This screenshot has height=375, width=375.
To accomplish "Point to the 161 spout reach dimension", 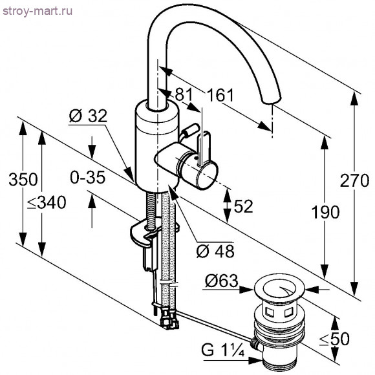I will point(220,96).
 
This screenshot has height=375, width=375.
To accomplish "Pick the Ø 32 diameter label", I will point(86,116).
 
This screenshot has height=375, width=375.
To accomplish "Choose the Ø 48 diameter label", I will point(215,250).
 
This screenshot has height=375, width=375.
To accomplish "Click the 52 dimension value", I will point(242,206).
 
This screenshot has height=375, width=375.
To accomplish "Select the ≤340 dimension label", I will point(47,203).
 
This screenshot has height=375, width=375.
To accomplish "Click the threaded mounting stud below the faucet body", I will point(152,208).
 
